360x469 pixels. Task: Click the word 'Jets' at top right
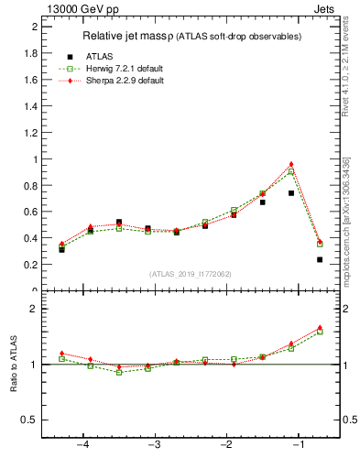tap(325, 8)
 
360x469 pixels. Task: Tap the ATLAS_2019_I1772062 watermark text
tap(191, 274)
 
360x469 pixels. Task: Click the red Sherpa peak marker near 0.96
tap(291, 164)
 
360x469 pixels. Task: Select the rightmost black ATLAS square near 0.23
tap(320, 259)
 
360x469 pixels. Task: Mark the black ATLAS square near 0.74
tap(291, 192)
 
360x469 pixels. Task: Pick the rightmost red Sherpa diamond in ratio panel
tap(320, 327)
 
